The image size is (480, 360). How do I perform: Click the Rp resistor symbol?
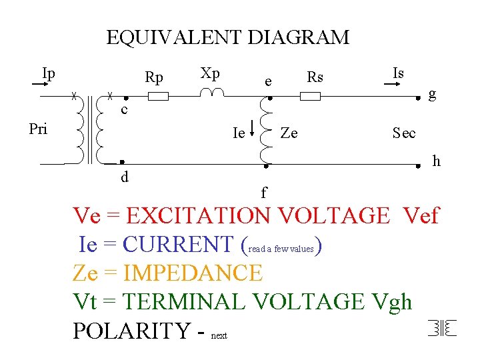point(158,97)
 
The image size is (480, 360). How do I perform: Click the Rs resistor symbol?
point(310,97)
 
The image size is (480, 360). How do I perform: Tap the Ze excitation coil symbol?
point(265,131)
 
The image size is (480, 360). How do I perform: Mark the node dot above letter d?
point(123,163)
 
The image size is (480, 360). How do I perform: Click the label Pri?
point(38,129)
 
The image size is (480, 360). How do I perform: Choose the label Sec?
point(404,133)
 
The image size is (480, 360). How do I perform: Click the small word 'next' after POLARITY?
point(219,336)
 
